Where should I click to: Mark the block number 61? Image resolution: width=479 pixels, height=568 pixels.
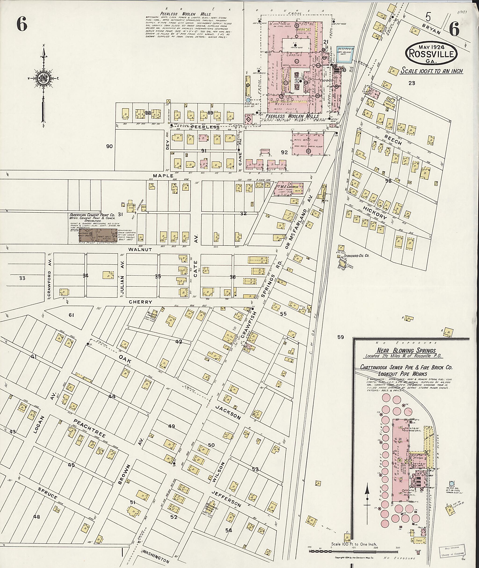71,315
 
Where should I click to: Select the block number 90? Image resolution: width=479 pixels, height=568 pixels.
109,147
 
